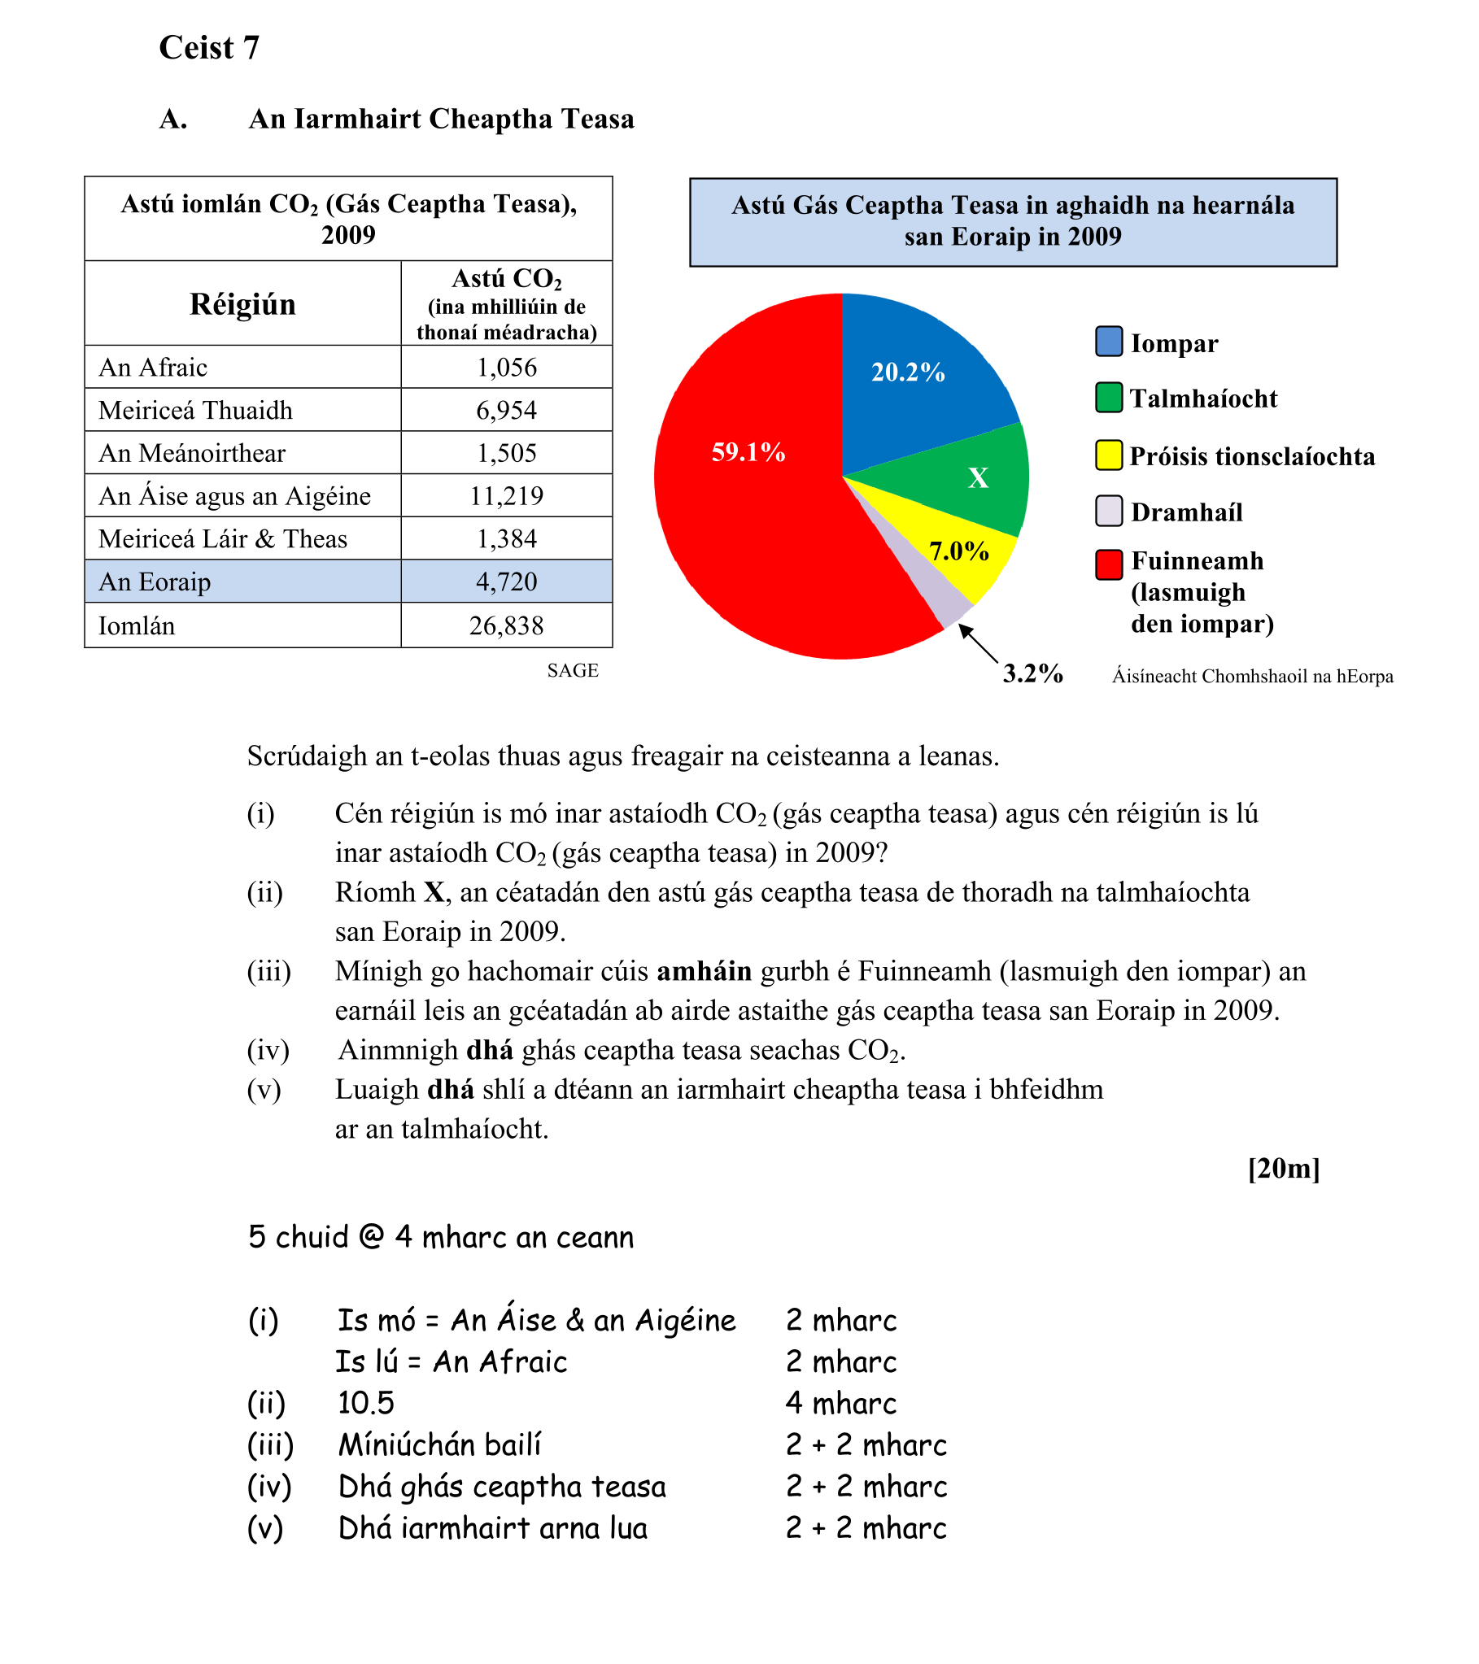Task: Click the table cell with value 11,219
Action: tap(506, 496)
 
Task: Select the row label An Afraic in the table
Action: tap(153, 368)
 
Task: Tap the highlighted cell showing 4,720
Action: tap(506, 582)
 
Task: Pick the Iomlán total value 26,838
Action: tap(506, 625)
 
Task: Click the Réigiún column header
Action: tap(242, 304)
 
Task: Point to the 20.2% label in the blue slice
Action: tap(907, 372)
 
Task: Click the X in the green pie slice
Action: tap(978, 478)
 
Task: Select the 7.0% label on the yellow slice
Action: tap(958, 551)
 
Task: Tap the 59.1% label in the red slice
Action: tap(748, 452)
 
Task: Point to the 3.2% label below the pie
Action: tap(1032, 673)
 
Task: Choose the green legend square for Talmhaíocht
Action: tap(1108, 397)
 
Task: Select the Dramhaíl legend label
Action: tap(1187, 512)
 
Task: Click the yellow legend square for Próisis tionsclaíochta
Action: tap(1108, 455)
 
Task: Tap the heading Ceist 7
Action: tap(209, 47)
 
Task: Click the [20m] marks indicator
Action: tap(1283, 1168)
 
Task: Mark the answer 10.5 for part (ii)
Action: tap(365, 1403)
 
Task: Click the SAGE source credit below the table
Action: tap(573, 670)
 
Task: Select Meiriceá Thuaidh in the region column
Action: tap(195, 410)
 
